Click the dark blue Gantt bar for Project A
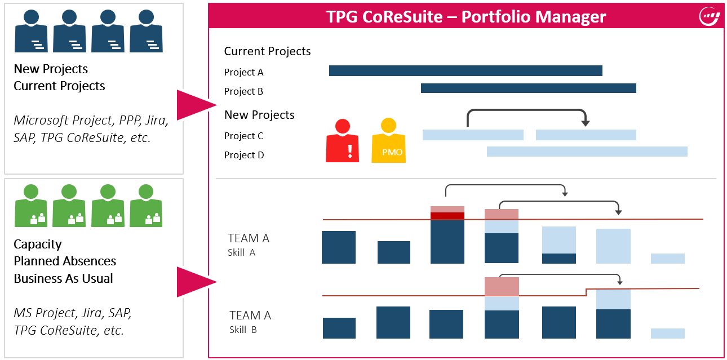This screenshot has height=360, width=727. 466,70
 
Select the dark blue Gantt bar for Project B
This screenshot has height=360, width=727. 528,88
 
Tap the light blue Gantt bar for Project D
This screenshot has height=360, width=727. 587,151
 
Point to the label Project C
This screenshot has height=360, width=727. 243,136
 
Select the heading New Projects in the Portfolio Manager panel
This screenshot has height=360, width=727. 259,115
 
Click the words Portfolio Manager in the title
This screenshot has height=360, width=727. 533,16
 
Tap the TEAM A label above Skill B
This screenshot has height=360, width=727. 250,315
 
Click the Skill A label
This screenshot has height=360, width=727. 241,252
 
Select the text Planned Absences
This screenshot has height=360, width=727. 65,261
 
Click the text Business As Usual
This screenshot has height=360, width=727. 63,278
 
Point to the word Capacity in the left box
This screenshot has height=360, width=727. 38,244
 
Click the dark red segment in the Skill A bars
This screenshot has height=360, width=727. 447,216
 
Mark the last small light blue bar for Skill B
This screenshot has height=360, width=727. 667,334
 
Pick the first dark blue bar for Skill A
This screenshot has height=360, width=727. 338,247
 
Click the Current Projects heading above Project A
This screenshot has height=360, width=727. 267,51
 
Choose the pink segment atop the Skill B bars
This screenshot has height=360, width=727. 502,286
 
